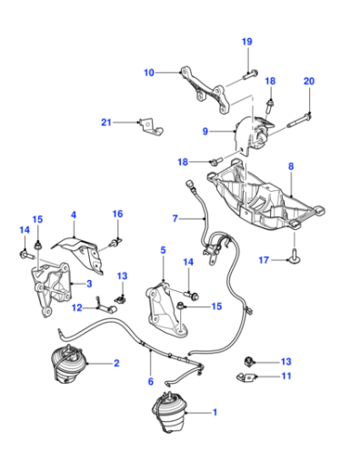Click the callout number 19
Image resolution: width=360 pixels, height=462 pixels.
247,42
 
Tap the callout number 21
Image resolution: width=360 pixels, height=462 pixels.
106,123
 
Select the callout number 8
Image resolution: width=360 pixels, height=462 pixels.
291,166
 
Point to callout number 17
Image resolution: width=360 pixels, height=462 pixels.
264,260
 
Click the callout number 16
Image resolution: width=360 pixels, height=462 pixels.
117,214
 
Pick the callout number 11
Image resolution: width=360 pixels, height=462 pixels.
286,376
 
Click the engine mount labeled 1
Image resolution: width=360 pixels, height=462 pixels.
168,412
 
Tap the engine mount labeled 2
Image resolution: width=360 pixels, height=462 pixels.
69,364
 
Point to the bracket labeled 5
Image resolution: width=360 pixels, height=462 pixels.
165,309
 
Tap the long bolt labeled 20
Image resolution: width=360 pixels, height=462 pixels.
298,120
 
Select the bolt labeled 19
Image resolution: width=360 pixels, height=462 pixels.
251,75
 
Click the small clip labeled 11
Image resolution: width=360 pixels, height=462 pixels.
245,377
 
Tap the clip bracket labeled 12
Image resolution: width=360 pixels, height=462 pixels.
106,306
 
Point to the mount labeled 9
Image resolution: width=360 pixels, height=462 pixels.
255,135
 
